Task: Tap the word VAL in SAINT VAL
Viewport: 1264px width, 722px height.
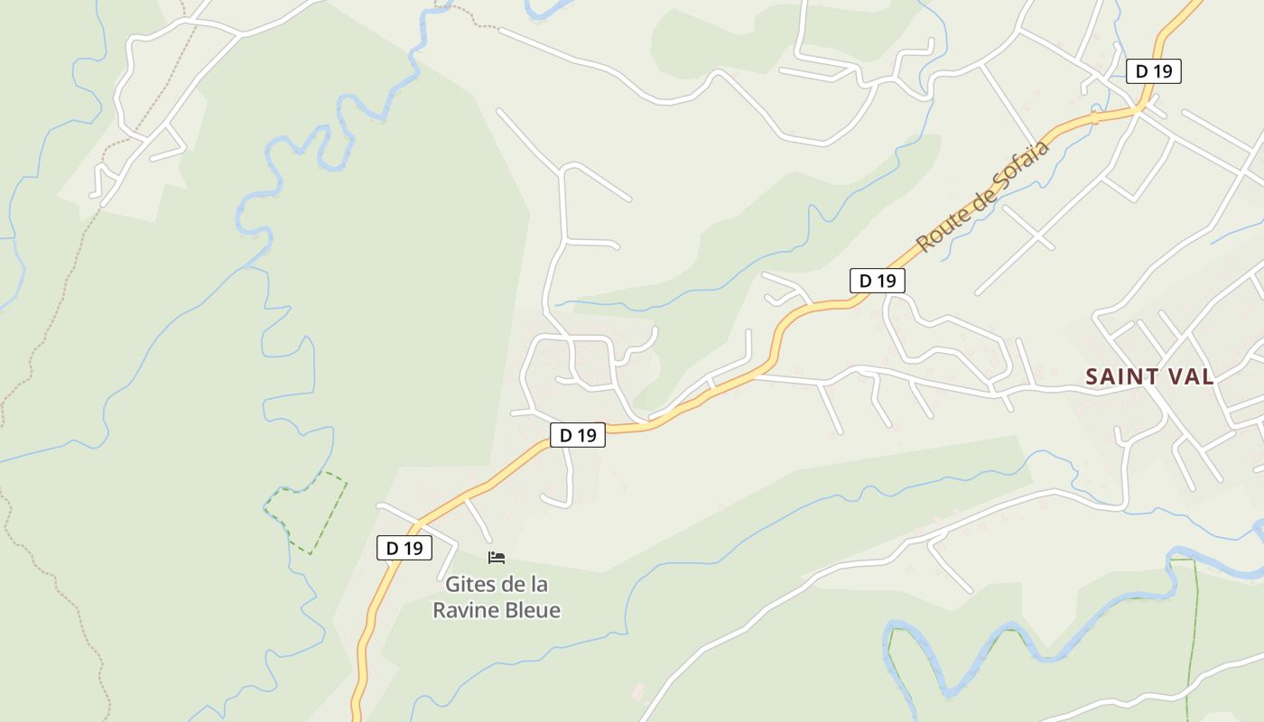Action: click(x=1189, y=376)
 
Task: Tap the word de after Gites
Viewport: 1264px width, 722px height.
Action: click(x=512, y=584)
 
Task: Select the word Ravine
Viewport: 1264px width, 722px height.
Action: click(x=465, y=610)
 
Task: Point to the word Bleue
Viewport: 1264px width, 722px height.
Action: click(x=532, y=610)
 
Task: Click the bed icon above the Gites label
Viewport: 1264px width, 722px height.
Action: click(x=496, y=558)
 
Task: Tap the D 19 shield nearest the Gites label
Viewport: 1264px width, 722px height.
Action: click(x=404, y=548)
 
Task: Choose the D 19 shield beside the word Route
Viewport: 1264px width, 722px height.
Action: click(x=877, y=281)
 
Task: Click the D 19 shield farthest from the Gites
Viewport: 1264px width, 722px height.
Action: click(x=1154, y=71)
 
